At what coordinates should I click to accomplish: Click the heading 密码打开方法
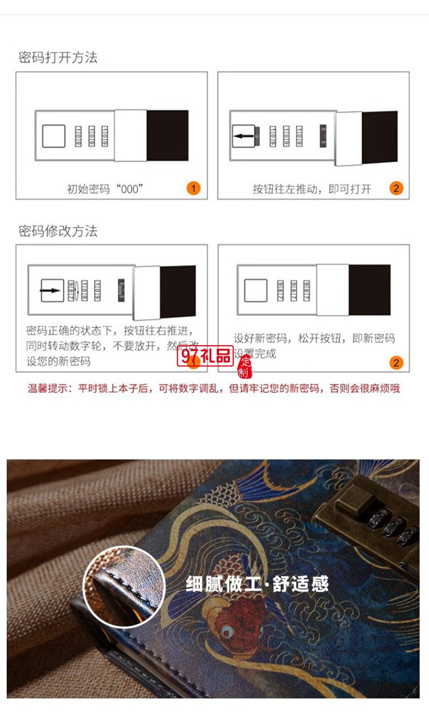click(x=58, y=57)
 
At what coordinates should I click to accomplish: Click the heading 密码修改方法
click(x=58, y=231)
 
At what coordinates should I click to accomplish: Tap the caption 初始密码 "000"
click(x=105, y=189)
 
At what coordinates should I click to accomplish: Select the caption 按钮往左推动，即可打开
click(x=312, y=189)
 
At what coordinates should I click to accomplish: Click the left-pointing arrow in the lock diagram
click(x=243, y=136)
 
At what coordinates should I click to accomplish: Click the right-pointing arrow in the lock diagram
click(x=51, y=290)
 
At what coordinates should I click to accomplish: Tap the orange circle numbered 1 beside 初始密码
click(x=193, y=189)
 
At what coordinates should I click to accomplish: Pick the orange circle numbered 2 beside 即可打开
click(x=396, y=189)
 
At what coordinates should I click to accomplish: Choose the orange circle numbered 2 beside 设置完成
click(x=396, y=362)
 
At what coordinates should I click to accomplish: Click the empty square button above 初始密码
click(x=54, y=136)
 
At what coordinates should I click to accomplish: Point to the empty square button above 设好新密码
click(x=255, y=290)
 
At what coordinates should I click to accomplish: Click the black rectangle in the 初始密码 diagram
click(x=168, y=135)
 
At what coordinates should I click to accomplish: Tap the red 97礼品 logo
click(x=205, y=356)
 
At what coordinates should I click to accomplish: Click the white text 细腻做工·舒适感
click(x=257, y=583)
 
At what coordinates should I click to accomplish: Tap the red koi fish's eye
click(x=228, y=631)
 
